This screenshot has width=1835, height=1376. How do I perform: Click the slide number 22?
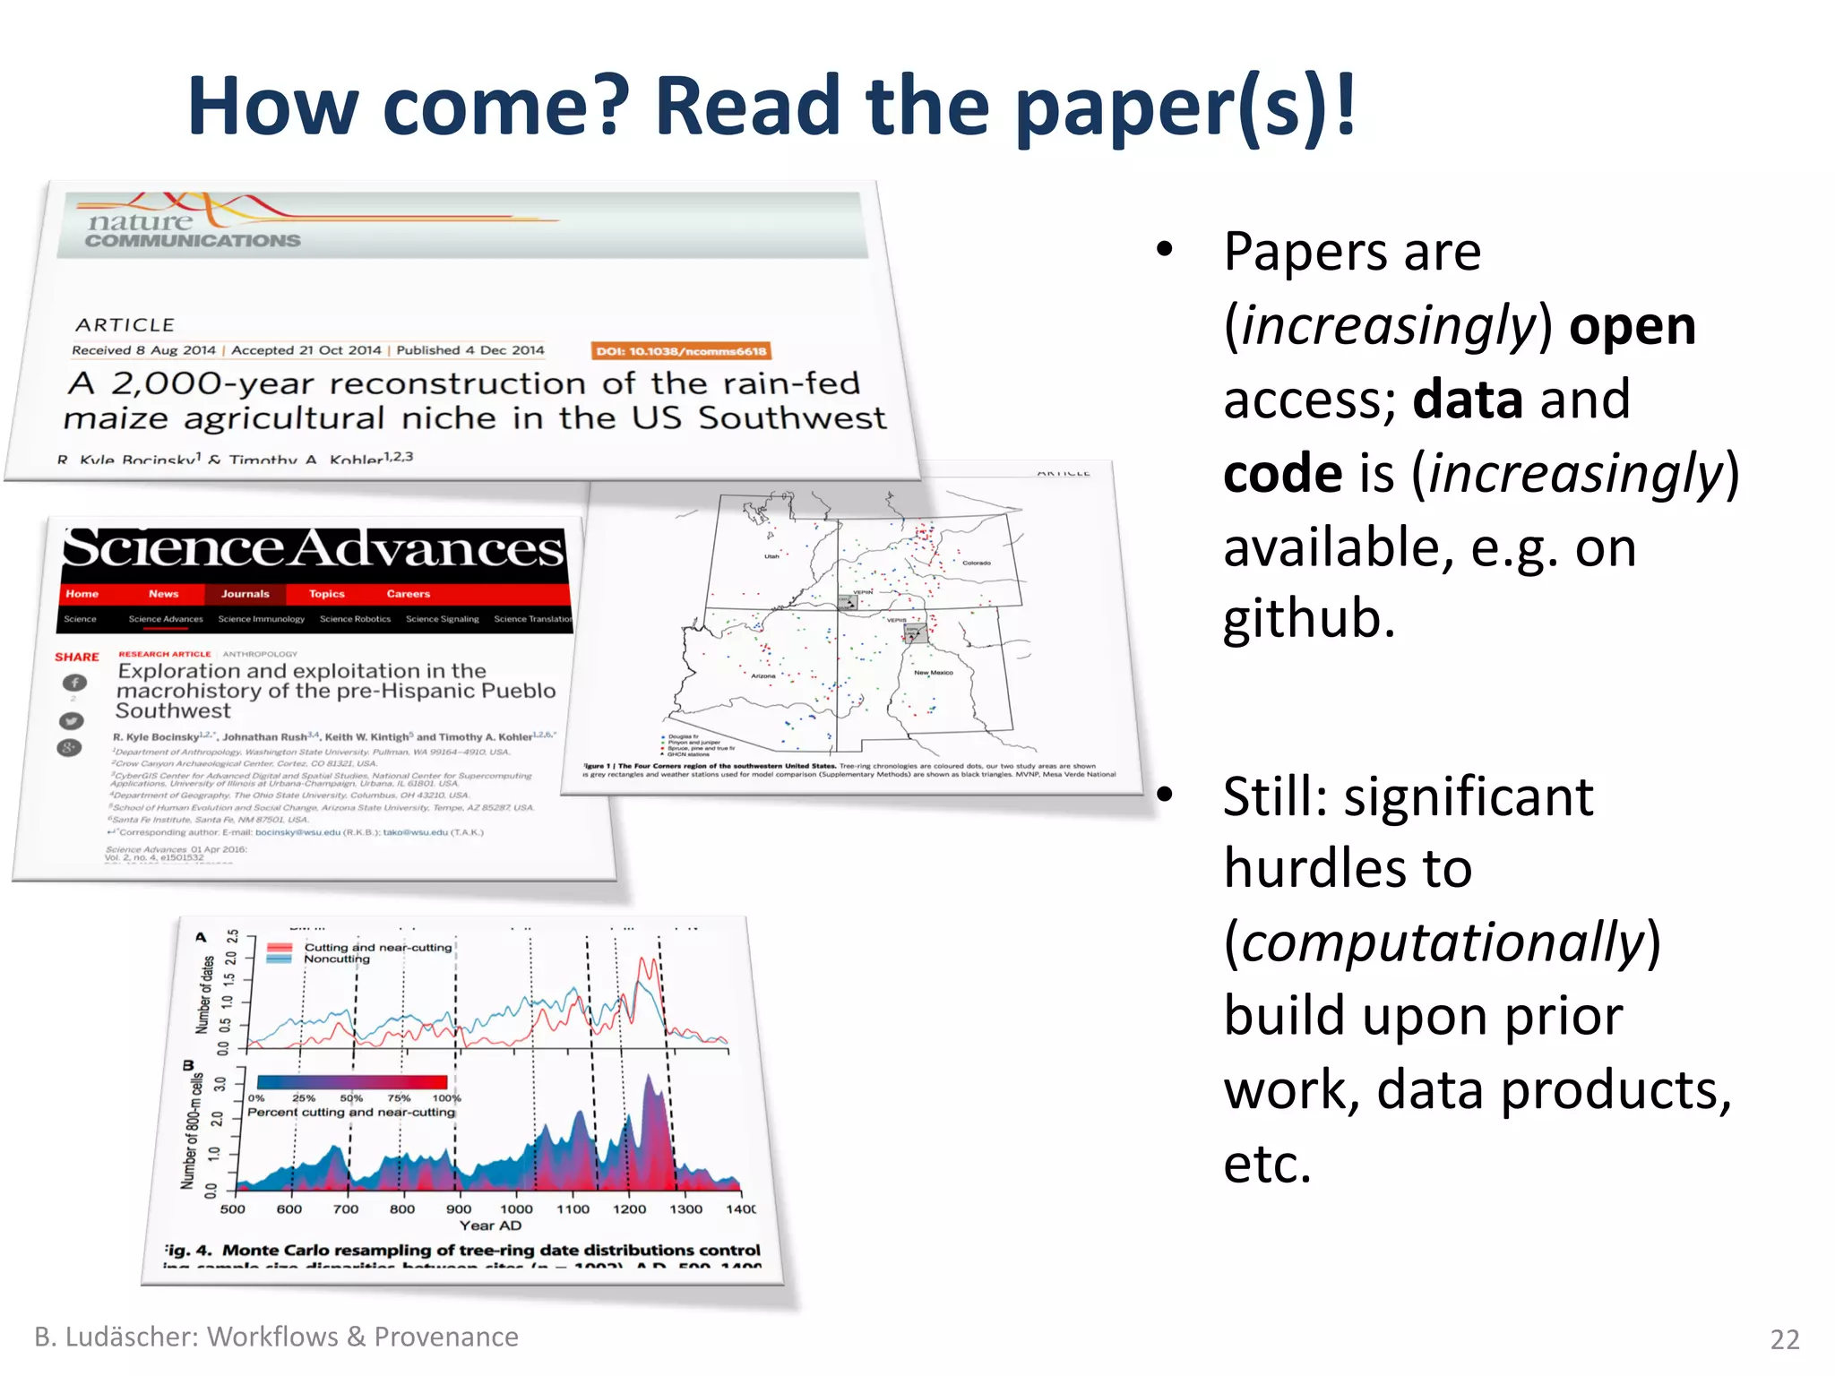click(x=1784, y=1339)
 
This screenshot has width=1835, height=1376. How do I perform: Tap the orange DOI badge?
click(x=681, y=351)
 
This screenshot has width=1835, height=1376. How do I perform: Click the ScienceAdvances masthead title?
click(x=314, y=548)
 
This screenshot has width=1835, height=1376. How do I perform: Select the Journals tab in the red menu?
click(x=245, y=594)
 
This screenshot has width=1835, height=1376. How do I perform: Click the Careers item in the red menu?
click(x=408, y=594)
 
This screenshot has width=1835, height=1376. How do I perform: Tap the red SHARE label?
click(x=77, y=657)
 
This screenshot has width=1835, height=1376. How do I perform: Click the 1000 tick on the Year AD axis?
click(x=516, y=1208)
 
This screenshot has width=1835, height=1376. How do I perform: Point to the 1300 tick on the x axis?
click(x=685, y=1208)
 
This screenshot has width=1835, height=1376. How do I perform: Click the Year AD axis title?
click(x=490, y=1225)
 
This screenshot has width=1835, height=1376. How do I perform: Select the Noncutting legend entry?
click(x=336, y=959)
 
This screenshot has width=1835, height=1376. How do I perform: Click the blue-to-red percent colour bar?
click(x=351, y=1082)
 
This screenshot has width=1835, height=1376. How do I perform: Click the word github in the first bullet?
click(x=1309, y=619)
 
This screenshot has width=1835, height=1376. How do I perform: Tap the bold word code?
click(x=1282, y=474)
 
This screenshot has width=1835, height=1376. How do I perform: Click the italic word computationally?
click(x=1443, y=942)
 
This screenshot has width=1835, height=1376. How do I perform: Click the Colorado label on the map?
click(x=976, y=563)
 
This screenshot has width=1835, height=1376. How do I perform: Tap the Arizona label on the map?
click(x=763, y=676)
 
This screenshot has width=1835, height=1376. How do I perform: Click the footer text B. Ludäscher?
click(x=116, y=1337)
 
